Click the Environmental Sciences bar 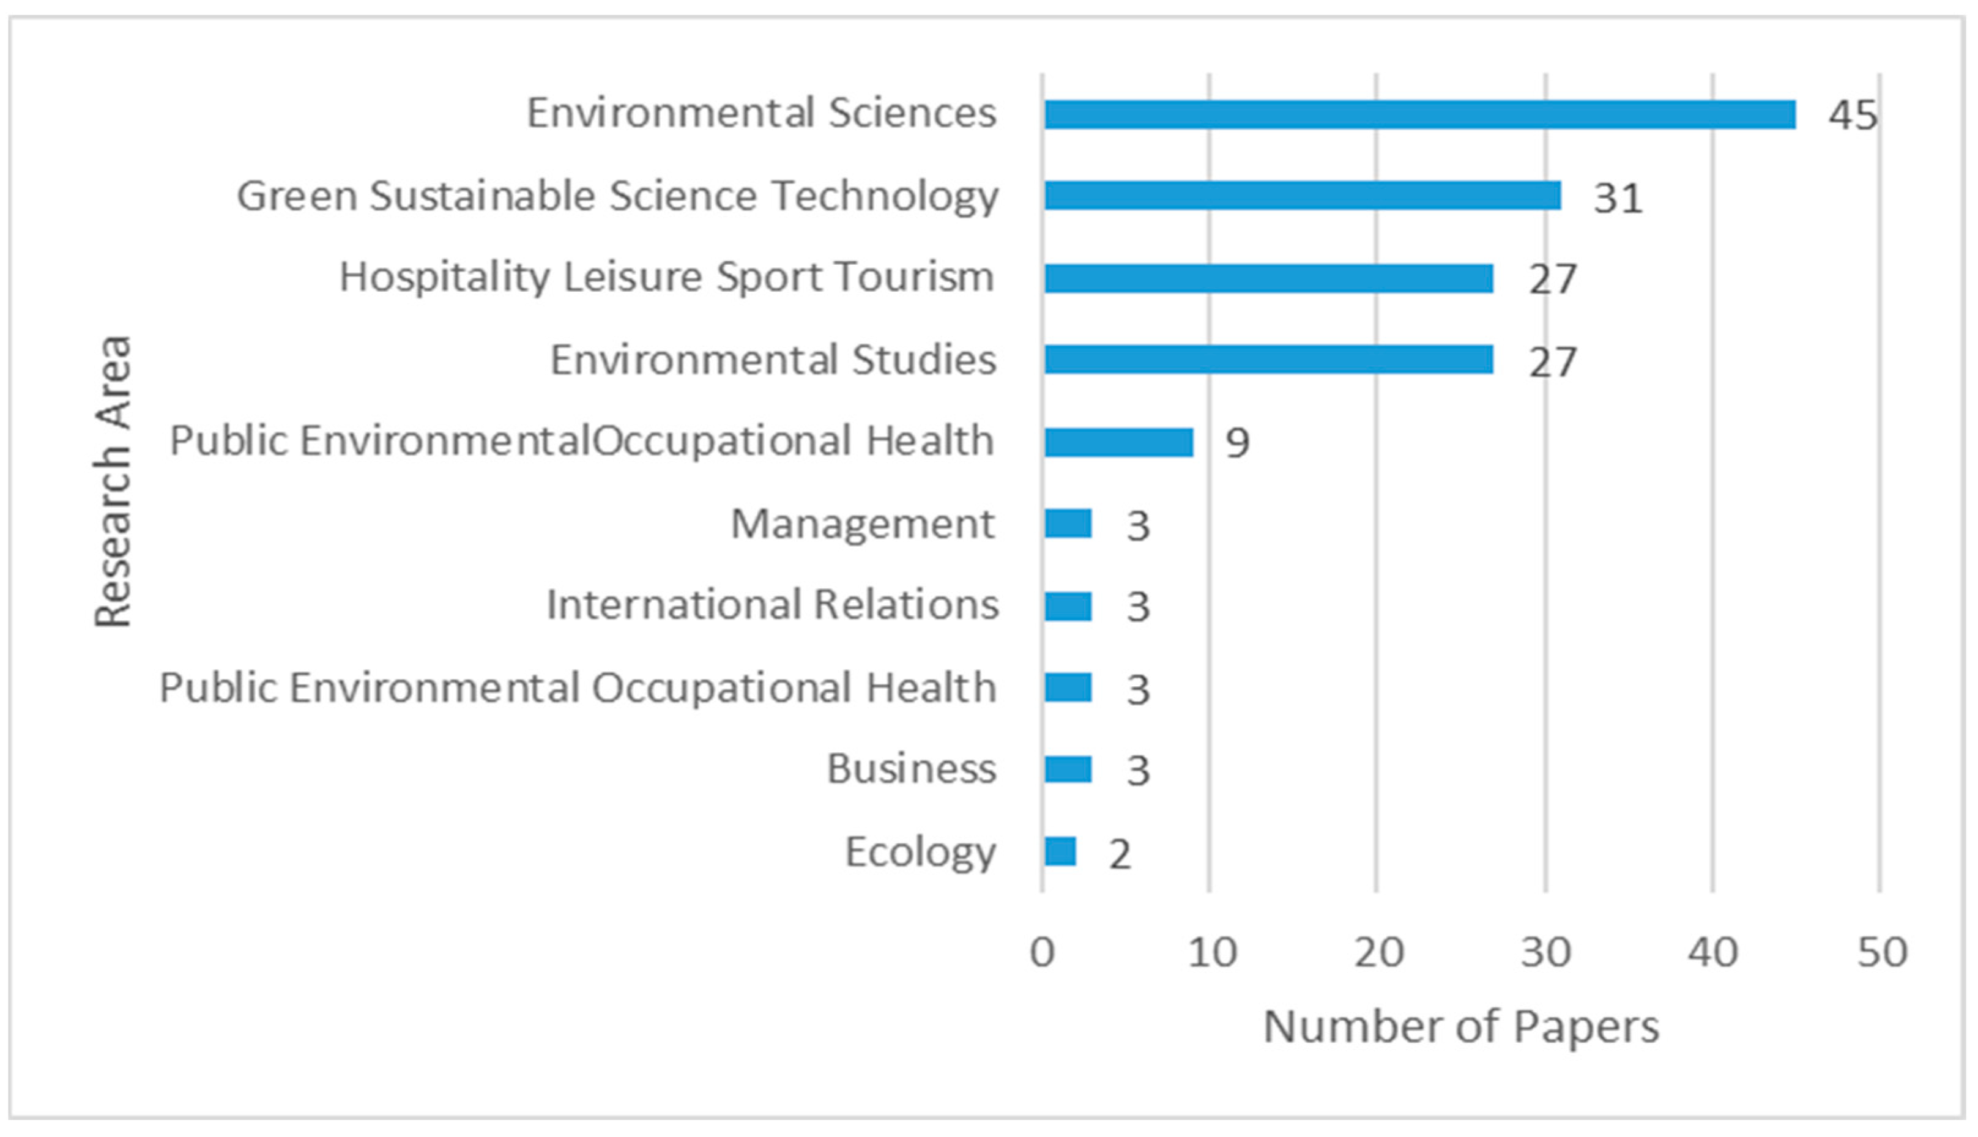pyautogui.click(x=1419, y=115)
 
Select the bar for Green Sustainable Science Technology pyautogui.click(x=1302, y=195)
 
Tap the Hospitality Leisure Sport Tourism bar pyautogui.click(x=1268, y=279)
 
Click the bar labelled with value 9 pyautogui.click(x=1118, y=443)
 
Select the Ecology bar pyautogui.click(x=1060, y=852)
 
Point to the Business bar pyautogui.click(x=1068, y=769)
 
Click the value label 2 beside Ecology pyautogui.click(x=1119, y=854)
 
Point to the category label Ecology pyautogui.click(x=920, y=852)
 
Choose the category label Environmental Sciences pyautogui.click(x=761, y=113)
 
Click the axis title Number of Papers pyautogui.click(x=1460, y=1027)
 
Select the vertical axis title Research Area pyautogui.click(x=113, y=482)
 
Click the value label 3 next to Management pyautogui.click(x=1138, y=527)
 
